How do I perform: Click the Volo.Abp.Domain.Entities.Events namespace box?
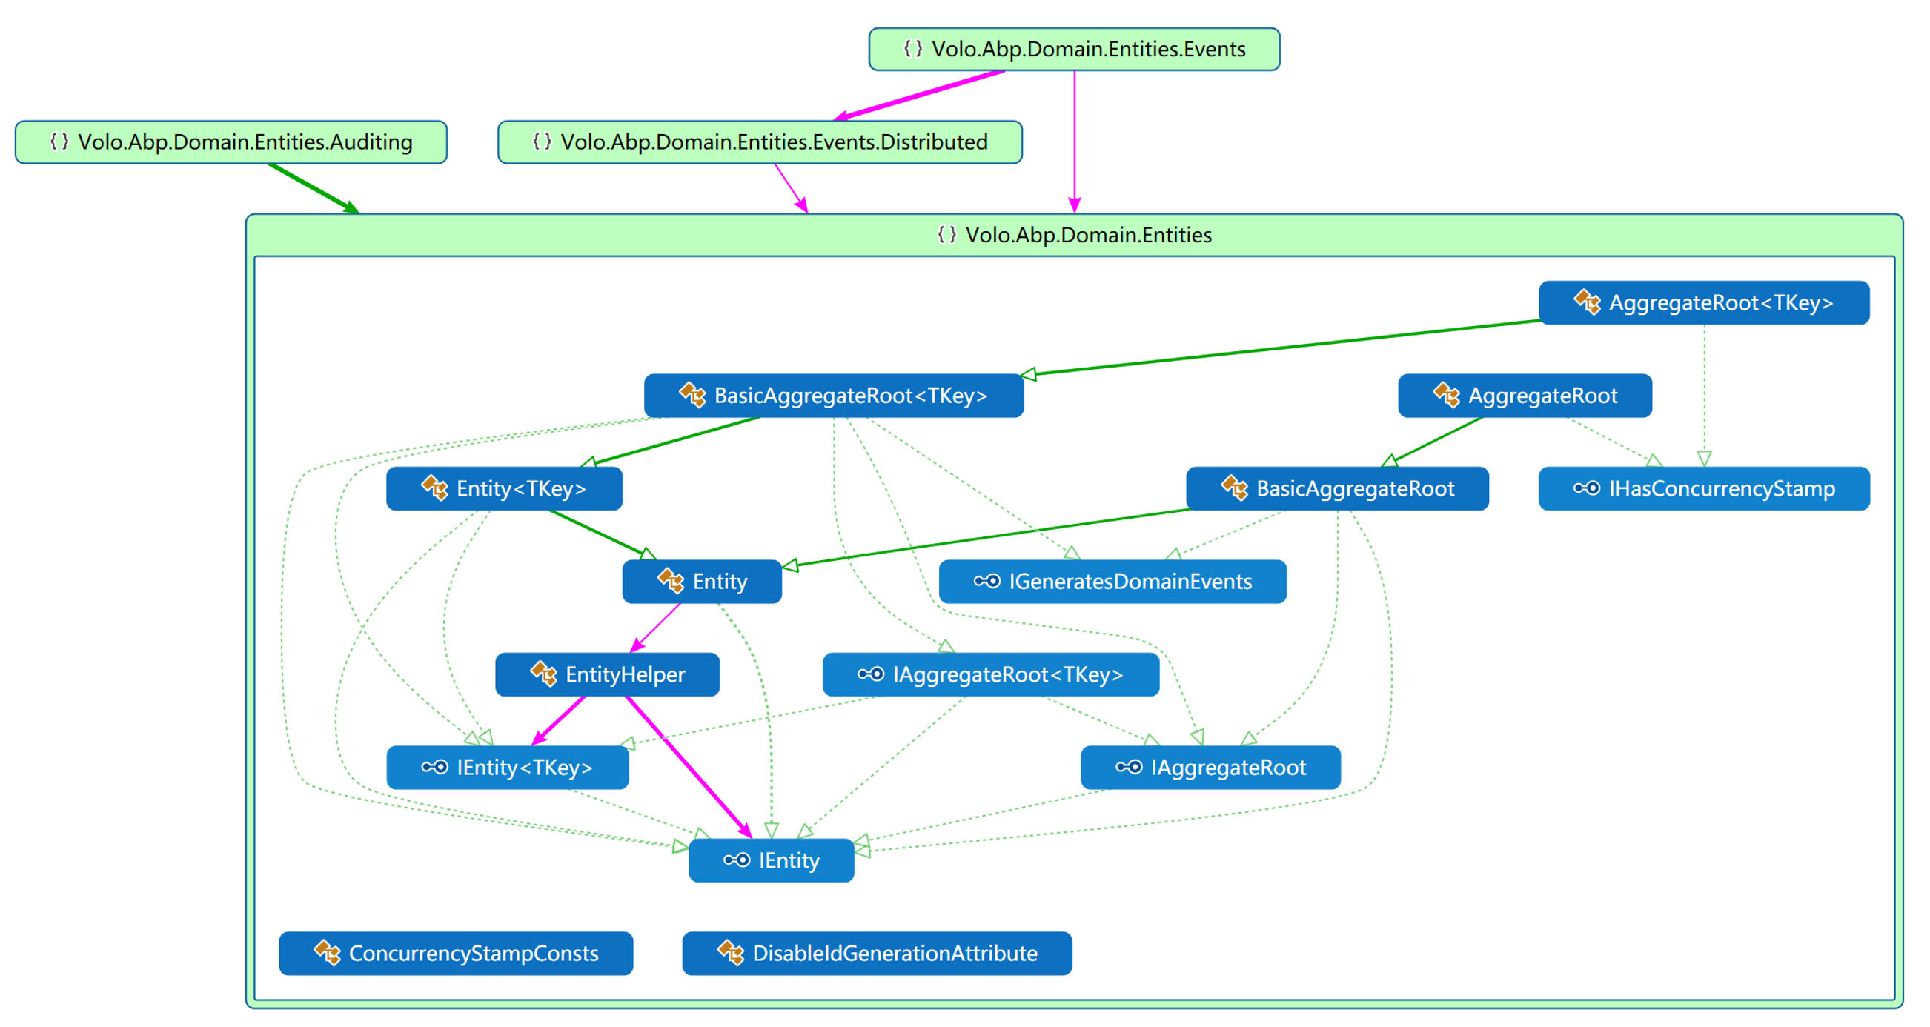pyautogui.click(x=1074, y=50)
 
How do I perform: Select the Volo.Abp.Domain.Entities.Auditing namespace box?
pyautogui.click(x=231, y=142)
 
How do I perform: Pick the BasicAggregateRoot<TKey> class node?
pyautogui.click(x=833, y=396)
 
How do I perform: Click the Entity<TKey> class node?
pyautogui.click(x=503, y=488)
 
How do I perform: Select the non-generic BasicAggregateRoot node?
pyautogui.click(x=1336, y=488)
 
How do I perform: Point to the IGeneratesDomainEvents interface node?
pyautogui.click(x=1112, y=581)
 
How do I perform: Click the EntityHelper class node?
pyautogui.click(x=607, y=674)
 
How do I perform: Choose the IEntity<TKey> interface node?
pyautogui.click(x=507, y=767)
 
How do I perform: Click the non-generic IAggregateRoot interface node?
pyautogui.click(x=1210, y=767)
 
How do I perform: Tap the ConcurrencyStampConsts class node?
pyautogui.click(x=456, y=953)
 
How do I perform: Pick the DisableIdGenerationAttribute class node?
pyautogui.click(x=877, y=953)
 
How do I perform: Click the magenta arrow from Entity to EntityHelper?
pyautogui.click(x=657, y=628)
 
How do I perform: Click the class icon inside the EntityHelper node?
pyautogui.click(x=543, y=674)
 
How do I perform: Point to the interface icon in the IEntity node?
pyautogui.click(x=736, y=860)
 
